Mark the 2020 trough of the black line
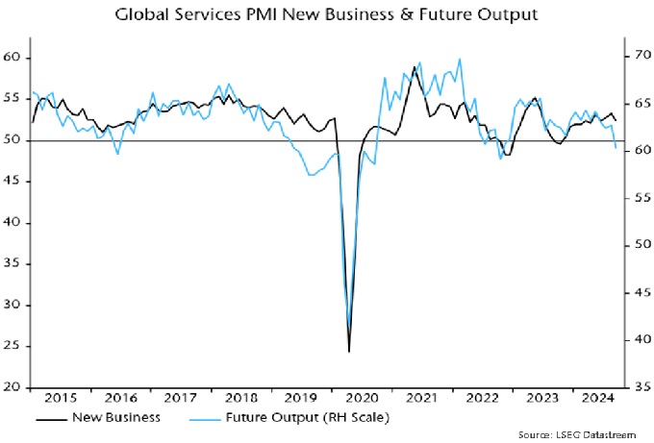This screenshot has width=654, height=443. [x=349, y=352]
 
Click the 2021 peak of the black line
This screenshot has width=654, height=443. [x=415, y=66]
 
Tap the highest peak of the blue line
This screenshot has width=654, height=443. [x=460, y=60]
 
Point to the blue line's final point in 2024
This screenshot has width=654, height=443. [x=616, y=147]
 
